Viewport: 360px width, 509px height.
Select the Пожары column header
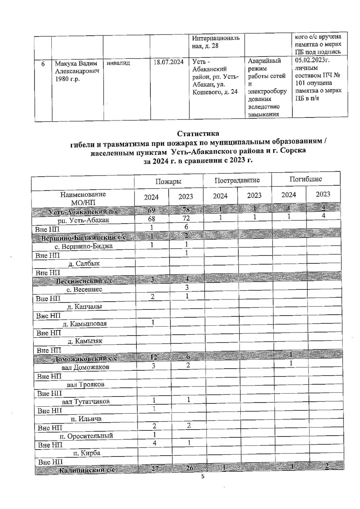pos(169,181)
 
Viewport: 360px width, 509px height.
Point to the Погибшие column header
pos(306,179)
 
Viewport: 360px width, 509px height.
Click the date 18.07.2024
pos(169,62)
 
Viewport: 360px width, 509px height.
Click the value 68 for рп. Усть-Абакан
pos(151,219)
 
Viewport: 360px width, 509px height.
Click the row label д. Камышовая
pos(84,324)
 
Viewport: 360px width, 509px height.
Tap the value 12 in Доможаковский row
pos(151,358)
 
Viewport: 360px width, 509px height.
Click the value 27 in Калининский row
pos(151,470)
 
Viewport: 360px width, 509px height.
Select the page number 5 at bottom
pos(202,477)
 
